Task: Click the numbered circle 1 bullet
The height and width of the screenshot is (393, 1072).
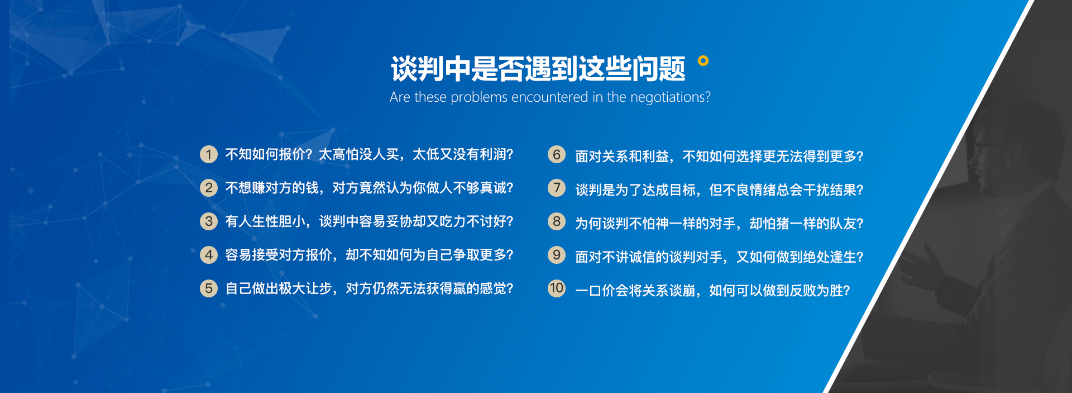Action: pos(209,154)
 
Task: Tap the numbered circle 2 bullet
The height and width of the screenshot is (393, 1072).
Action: pos(209,188)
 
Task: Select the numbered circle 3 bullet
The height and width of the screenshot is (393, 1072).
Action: pos(209,221)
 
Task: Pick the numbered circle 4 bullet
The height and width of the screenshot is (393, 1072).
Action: pos(209,255)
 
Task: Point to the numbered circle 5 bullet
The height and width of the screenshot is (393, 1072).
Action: pos(209,288)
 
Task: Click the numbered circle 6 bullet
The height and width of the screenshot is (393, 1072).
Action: pos(557,154)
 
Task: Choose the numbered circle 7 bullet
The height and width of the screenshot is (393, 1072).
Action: pos(557,188)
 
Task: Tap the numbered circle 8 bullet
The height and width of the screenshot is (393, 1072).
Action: pos(557,221)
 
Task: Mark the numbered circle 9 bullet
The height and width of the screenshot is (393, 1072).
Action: pos(557,255)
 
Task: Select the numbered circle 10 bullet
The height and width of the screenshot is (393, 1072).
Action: pos(557,288)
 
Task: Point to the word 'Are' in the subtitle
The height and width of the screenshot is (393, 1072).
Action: pos(400,97)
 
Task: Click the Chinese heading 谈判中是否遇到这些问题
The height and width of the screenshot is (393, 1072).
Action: pos(538,69)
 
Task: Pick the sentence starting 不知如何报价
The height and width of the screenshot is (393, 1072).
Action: pos(369,154)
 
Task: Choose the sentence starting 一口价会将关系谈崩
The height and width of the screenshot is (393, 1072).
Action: pos(712,291)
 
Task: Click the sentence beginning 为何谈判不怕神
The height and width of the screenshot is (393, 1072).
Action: pos(719,224)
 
